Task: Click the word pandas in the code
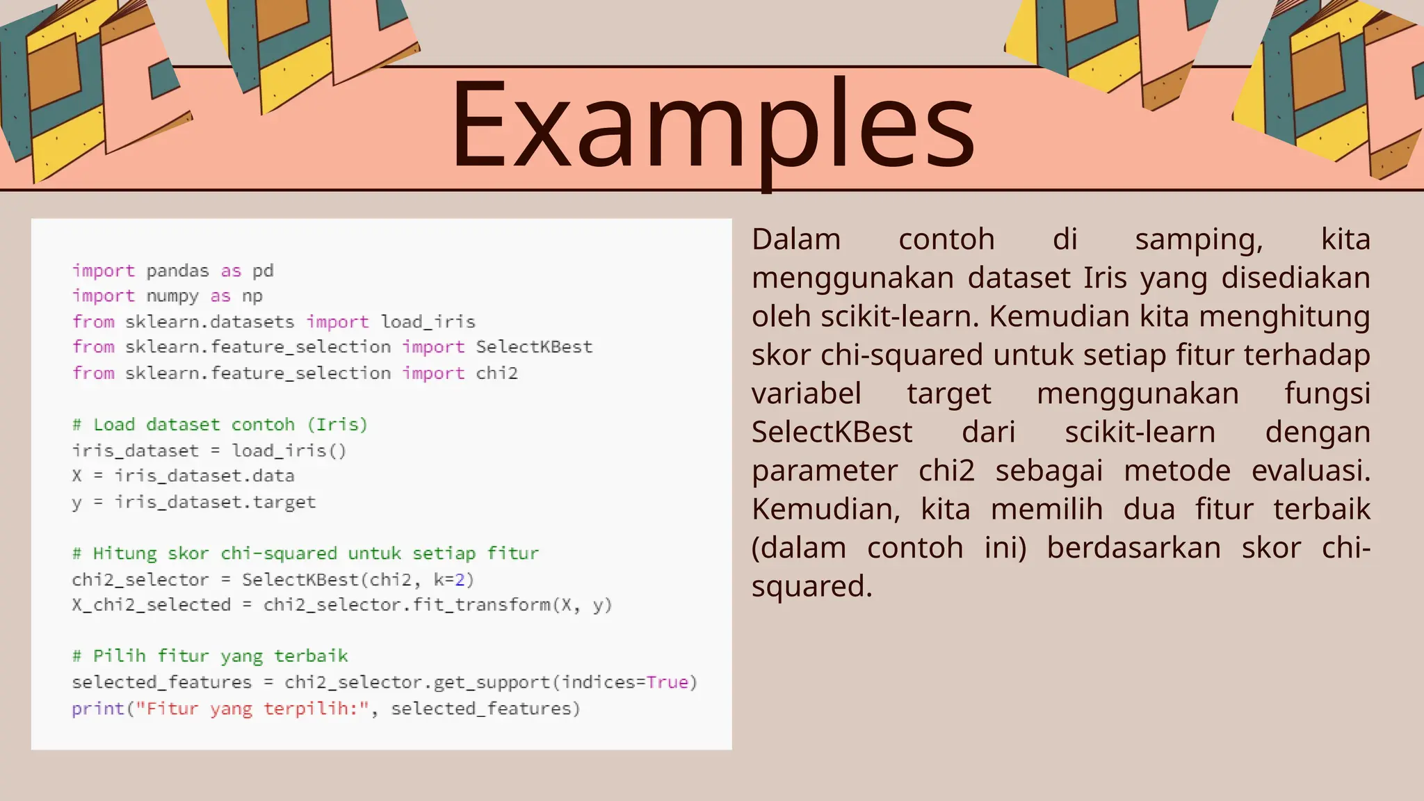177,270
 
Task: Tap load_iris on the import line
428,322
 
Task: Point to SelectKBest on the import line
534,347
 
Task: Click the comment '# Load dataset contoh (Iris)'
220,425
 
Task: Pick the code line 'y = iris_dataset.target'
194,502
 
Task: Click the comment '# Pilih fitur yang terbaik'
210,656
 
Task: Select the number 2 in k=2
460,579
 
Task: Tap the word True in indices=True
667,682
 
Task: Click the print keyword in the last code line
97,709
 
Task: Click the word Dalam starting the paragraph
796,240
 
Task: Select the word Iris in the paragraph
1104,278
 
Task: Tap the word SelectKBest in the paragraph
832,432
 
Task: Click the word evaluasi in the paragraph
1310,471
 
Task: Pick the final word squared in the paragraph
811,587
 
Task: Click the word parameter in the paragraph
825,471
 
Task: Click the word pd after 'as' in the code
263,270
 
